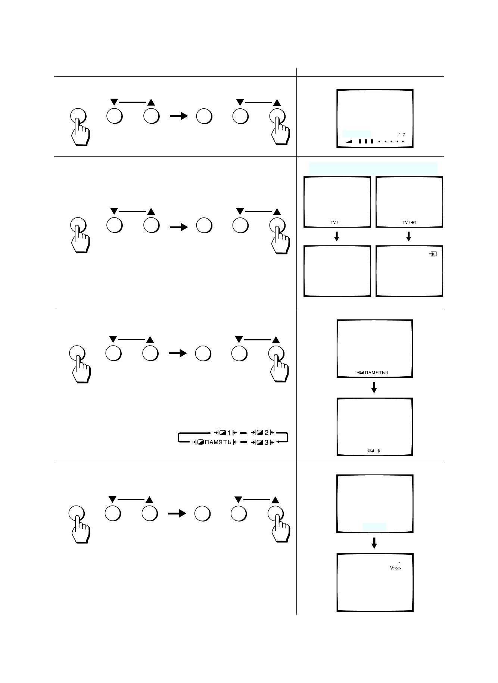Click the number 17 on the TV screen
tap(402, 134)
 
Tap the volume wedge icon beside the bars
tap(348, 141)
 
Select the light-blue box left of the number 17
tap(357, 134)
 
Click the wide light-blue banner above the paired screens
tap(373, 168)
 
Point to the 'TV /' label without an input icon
tap(334, 223)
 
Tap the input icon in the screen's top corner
tap(433, 254)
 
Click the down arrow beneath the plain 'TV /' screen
tap(337, 236)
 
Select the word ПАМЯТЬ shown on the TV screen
tap(375, 372)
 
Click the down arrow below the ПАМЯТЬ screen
tap(374, 387)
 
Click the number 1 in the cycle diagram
tap(229, 433)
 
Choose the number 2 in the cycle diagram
tap(267, 433)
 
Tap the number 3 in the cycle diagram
tap(267, 443)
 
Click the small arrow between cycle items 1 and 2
tap(243, 433)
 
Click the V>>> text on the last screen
tap(395, 568)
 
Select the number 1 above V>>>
tap(399, 564)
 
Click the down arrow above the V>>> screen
tap(374, 543)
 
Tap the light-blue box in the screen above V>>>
tap(374, 527)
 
